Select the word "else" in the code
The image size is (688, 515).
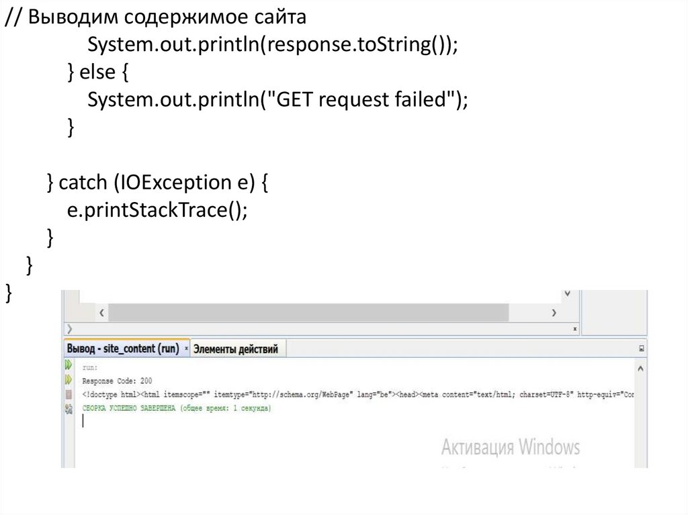(x=97, y=73)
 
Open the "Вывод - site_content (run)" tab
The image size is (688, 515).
(x=123, y=349)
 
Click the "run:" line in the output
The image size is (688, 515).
(x=90, y=368)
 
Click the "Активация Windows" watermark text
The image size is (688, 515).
(x=510, y=447)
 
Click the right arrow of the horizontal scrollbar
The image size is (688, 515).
(x=554, y=313)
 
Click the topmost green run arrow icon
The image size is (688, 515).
(x=68, y=365)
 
